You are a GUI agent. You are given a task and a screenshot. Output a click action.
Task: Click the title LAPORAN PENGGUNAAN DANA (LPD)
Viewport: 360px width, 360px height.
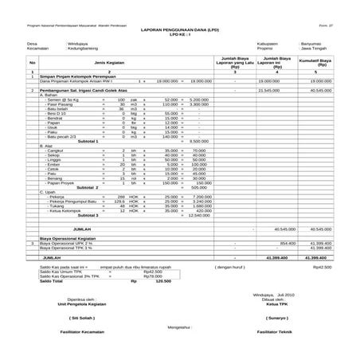click(x=179, y=29)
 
